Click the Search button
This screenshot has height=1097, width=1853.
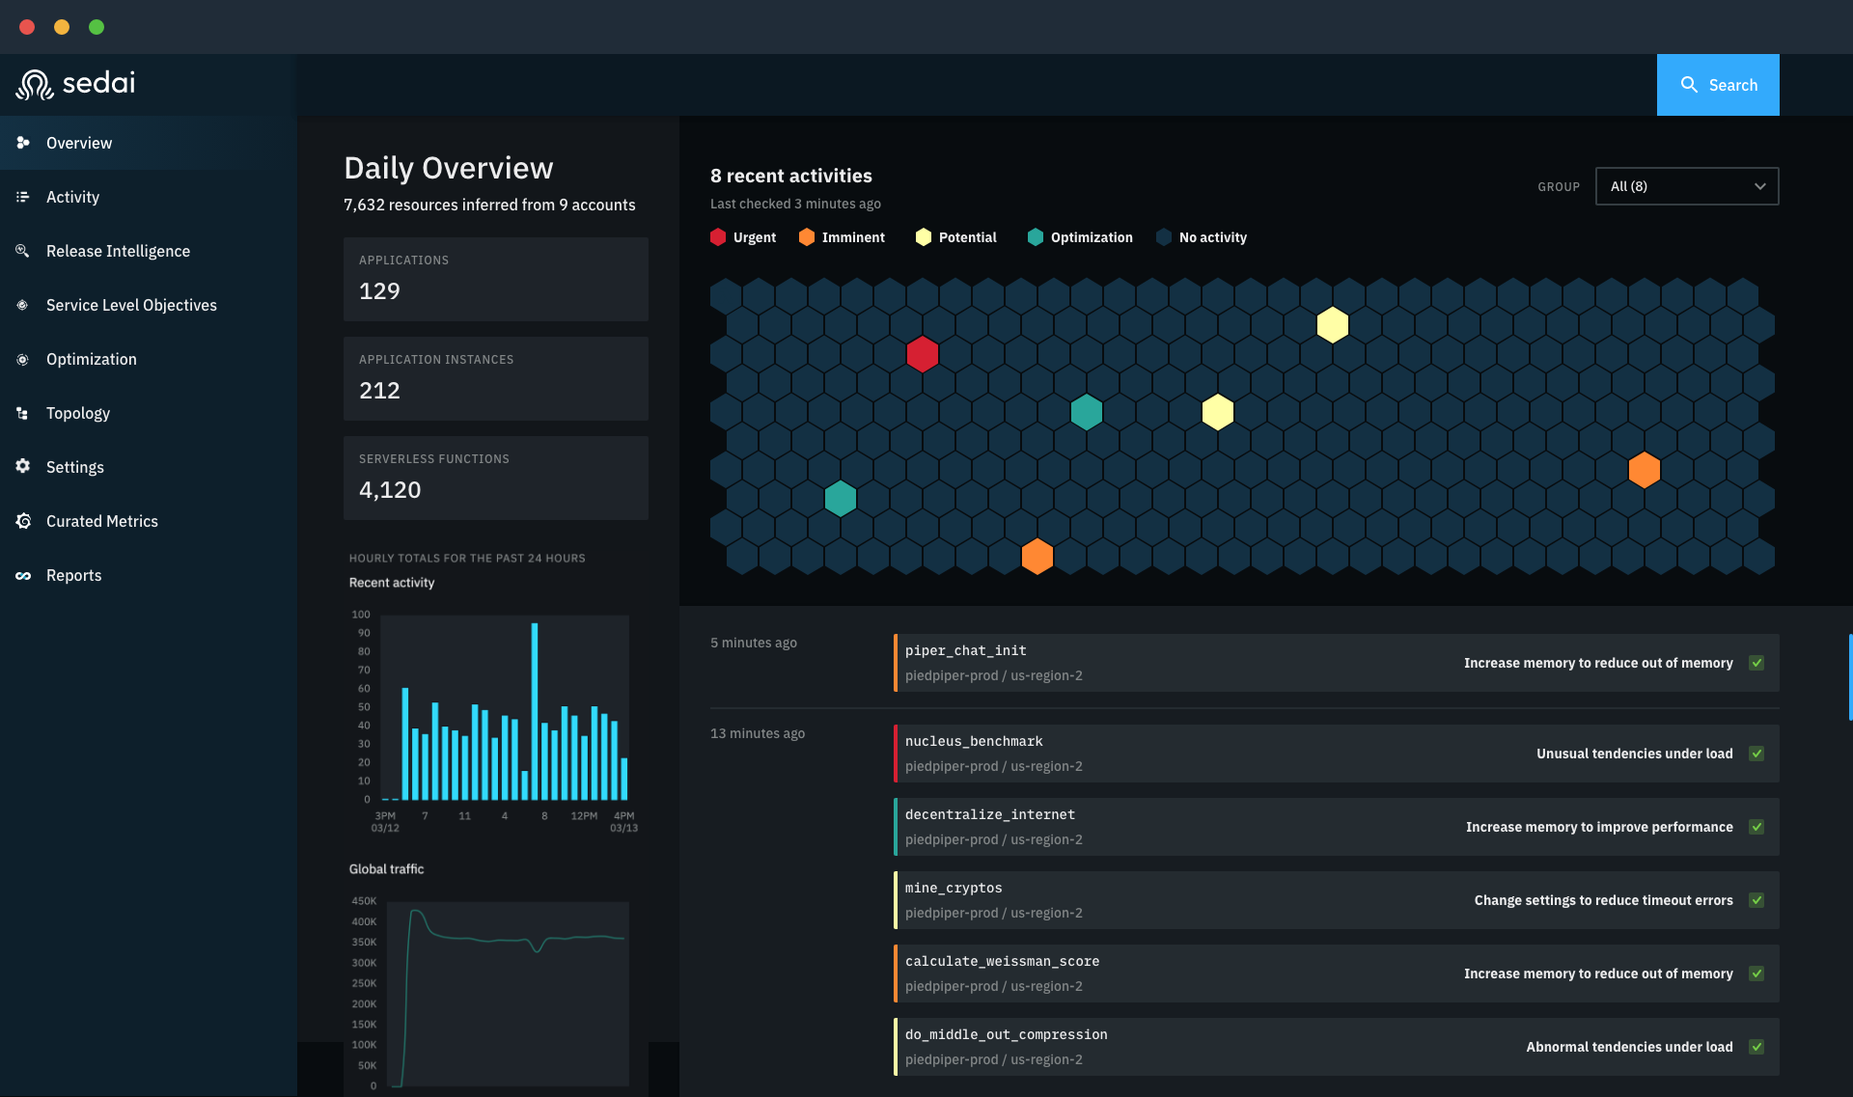coord(1718,85)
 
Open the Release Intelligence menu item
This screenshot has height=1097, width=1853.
coord(118,251)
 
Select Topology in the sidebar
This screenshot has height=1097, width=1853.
coord(77,413)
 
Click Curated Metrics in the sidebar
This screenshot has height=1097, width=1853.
coord(101,521)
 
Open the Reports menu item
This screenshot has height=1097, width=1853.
coord(73,575)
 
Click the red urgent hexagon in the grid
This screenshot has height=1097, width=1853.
coord(922,354)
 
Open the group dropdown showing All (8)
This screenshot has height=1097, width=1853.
coord(1686,186)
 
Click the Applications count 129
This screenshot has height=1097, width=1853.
coord(379,291)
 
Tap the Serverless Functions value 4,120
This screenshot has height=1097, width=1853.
coord(390,490)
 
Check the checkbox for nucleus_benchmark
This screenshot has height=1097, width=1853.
coord(1756,754)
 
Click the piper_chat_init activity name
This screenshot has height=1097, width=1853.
coord(965,651)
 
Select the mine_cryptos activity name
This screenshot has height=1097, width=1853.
coord(954,888)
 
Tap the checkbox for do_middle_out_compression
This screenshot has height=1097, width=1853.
coord(1756,1047)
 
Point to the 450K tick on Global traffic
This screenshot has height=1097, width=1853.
coord(364,901)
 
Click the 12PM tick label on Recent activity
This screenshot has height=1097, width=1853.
coord(584,816)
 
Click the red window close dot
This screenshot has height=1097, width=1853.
coord(27,27)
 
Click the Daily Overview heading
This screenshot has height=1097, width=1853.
coord(448,168)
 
